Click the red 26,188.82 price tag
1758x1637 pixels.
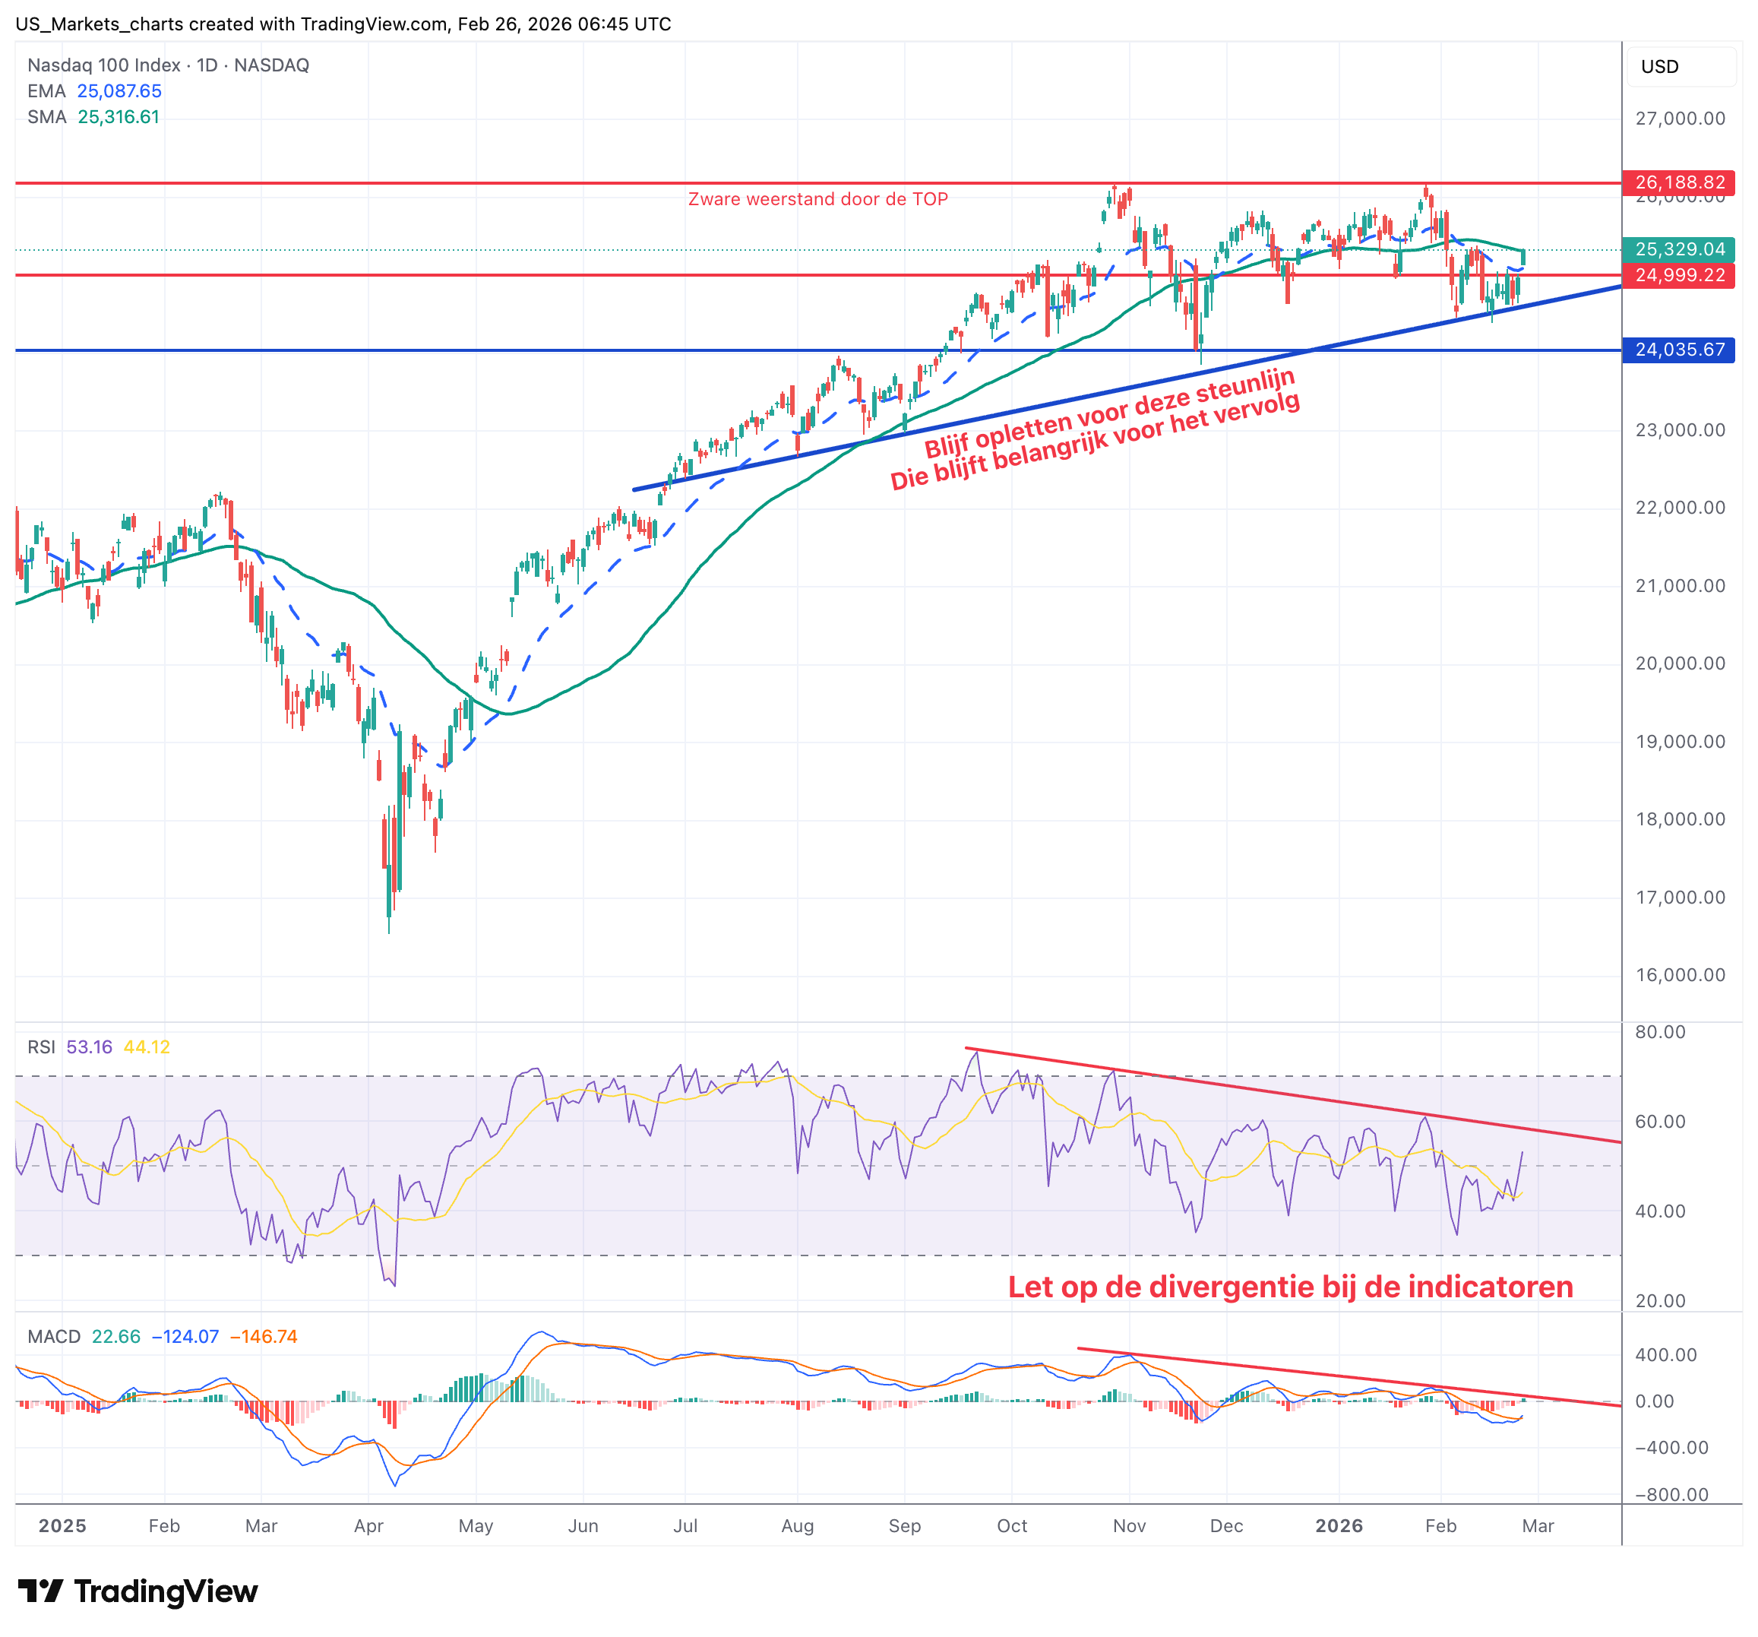coord(1678,182)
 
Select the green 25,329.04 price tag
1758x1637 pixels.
coord(1678,249)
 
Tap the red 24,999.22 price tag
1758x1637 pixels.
coord(1678,275)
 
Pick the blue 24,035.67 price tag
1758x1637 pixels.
coord(1678,350)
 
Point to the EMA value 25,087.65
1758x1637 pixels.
coord(119,91)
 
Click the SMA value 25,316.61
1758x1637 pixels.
coord(119,117)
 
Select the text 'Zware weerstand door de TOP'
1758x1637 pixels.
coord(817,199)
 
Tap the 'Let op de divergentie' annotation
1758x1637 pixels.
coord(1290,1287)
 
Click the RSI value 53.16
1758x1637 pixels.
coord(90,1047)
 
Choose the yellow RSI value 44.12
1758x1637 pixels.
coord(147,1047)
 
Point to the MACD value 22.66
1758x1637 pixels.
coord(115,1336)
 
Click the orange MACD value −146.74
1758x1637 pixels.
coord(264,1336)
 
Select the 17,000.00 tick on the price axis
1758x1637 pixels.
coord(1679,898)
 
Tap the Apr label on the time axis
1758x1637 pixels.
coord(368,1525)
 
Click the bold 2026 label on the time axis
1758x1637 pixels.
coord(1339,1525)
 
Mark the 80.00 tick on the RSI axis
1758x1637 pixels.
coord(1660,1032)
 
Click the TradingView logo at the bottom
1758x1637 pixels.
coord(138,1591)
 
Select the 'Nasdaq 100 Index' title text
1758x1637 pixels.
coord(103,65)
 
